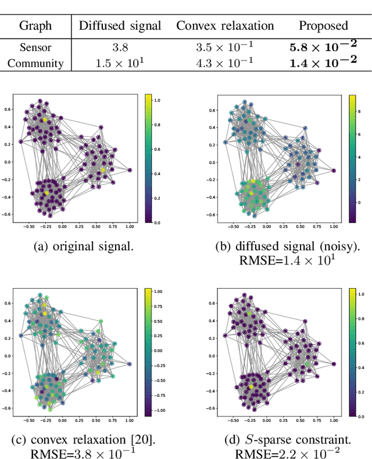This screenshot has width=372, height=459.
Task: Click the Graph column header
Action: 35,26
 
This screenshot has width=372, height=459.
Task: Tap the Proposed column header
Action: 323,26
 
